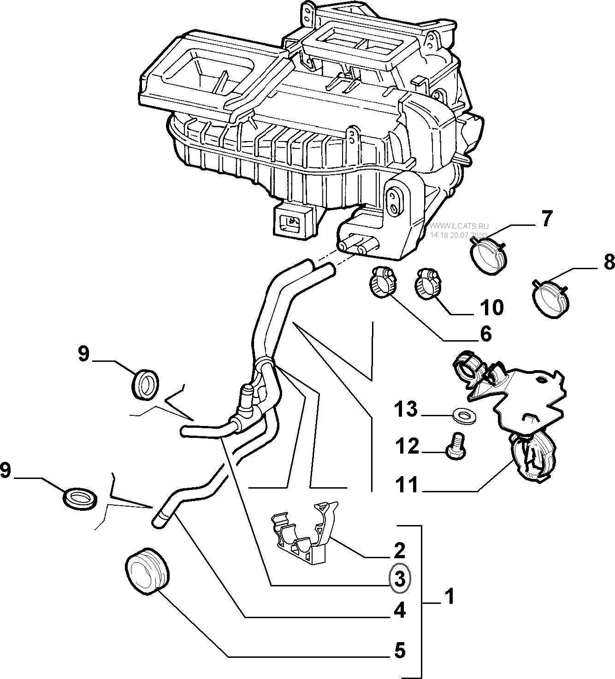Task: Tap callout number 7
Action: pos(545,219)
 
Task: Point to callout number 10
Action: pos(492,307)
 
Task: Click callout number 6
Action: pos(486,334)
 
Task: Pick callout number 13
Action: pos(406,409)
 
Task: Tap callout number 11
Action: pos(406,485)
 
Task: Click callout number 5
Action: pos(399,650)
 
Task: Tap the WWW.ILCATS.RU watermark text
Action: pos(459,226)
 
